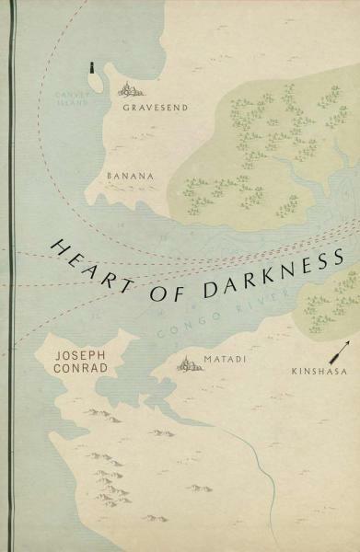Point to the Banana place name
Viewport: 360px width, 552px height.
click(128, 172)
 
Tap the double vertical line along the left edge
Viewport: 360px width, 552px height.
click(11, 276)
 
